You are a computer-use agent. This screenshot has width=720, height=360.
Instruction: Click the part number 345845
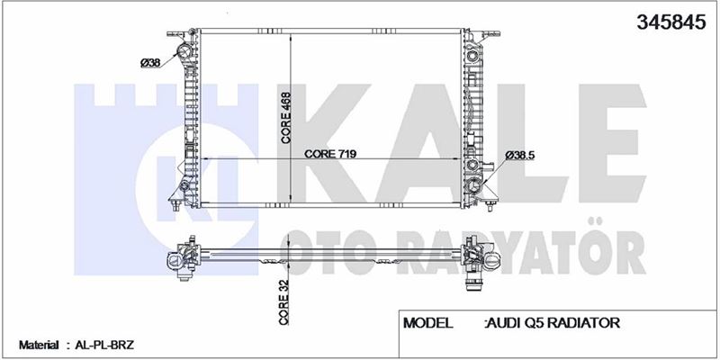[x=670, y=22]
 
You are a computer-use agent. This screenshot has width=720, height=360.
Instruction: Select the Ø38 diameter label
[x=150, y=63]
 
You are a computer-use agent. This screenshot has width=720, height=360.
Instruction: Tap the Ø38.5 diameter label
[x=520, y=156]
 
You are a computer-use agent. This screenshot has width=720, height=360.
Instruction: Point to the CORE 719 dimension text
[x=330, y=154]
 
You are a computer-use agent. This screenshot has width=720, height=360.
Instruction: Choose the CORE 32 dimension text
[x=283, y=302]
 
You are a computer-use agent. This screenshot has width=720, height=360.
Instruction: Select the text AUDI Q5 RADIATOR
[x=553, y=323]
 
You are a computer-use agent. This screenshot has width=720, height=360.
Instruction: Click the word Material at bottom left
[x=39, y=345]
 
